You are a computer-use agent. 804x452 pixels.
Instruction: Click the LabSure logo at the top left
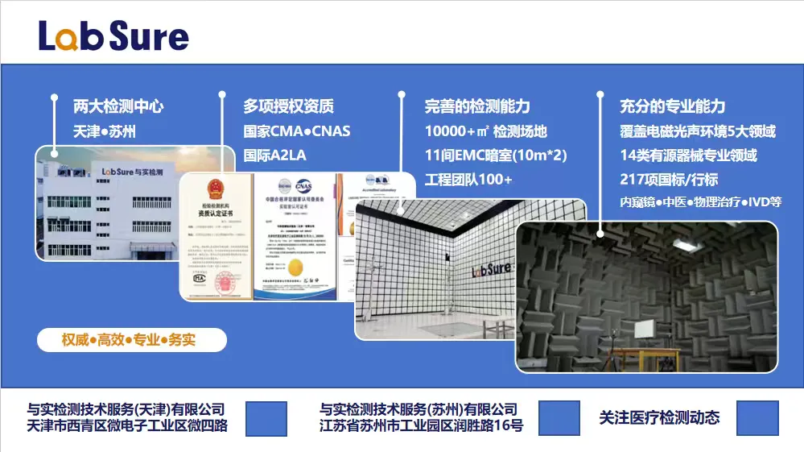click(x=113, y=35)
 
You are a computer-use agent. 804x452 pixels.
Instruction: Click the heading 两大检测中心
click(x=118, y=106)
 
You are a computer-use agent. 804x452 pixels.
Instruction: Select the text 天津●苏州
click(x=105, y=131)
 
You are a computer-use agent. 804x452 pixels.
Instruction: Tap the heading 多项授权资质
click(x=288, y=106)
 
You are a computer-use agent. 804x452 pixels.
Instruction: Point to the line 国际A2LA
click(x=275, y=155)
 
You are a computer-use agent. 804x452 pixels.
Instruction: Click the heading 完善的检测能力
click(x=477, y=106)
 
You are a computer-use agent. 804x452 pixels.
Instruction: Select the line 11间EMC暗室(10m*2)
click(x=497, y=155)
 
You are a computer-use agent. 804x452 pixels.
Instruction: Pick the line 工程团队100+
click(x=468, y=179)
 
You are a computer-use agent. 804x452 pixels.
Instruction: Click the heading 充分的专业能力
click(x=672, y=106)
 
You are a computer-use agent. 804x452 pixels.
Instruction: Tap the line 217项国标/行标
click(x=669, y=179)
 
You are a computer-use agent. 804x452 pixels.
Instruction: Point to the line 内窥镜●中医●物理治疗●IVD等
click(x=700, y=201)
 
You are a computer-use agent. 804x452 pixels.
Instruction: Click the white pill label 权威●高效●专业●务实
click(x=129, y=340)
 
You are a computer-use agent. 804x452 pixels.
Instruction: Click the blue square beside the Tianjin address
click(x=266, y=418)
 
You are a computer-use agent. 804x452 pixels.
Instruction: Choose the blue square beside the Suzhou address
click(x=559, y=418)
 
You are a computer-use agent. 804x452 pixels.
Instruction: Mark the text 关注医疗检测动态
click(x=659, y=417)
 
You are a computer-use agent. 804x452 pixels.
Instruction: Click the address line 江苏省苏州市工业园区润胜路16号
click(x=421, y=425)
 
